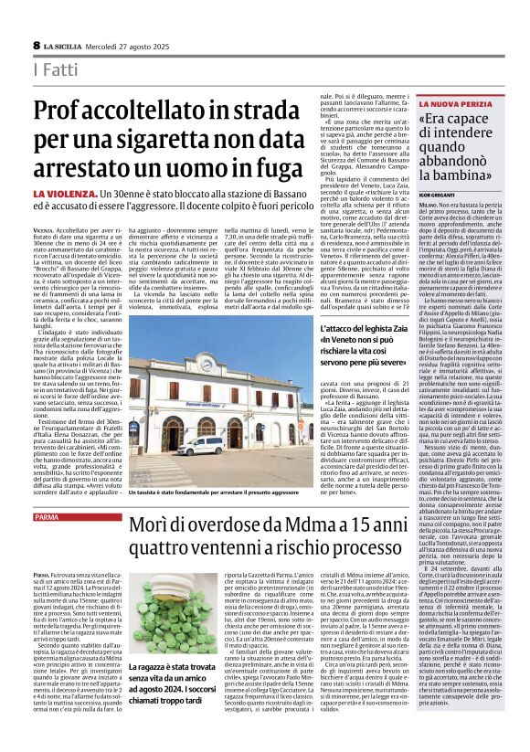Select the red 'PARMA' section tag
click(46, 517)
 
